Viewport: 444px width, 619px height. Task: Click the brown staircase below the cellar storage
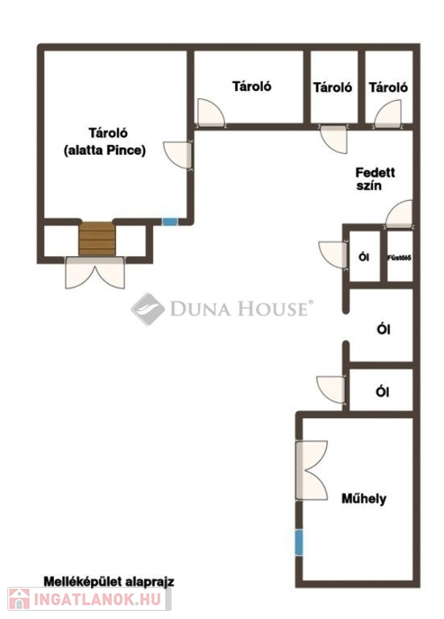pos(97,239)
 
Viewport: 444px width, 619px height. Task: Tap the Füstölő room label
pos(400,258)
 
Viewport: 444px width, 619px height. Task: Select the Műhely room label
pos(364,499)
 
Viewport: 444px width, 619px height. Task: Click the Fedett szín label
pos(375,179)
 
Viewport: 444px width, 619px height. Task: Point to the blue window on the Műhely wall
pos(299,542)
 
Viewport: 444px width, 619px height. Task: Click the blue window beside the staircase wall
pos(170,222)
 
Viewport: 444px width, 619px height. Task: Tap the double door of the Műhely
pos(311,470)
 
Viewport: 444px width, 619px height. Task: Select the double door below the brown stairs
pos(95,272)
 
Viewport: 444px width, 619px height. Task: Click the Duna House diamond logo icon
pos(148,309)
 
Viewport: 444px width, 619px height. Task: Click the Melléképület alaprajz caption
pos(109,581)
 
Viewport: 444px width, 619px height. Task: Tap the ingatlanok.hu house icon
pos(19,599)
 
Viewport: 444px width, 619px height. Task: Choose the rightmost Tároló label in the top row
pos(388,87)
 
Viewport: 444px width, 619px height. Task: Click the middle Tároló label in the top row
pos(332,87)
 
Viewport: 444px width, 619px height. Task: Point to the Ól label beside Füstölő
pos(364,257)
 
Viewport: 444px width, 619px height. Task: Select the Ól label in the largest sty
pos(384,329)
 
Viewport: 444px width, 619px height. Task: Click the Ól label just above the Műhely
pos(383,392)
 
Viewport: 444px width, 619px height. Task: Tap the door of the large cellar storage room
pos(177,155)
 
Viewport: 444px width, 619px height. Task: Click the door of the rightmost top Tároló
pos(388,114)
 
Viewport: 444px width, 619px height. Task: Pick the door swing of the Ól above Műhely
pos(330,389)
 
